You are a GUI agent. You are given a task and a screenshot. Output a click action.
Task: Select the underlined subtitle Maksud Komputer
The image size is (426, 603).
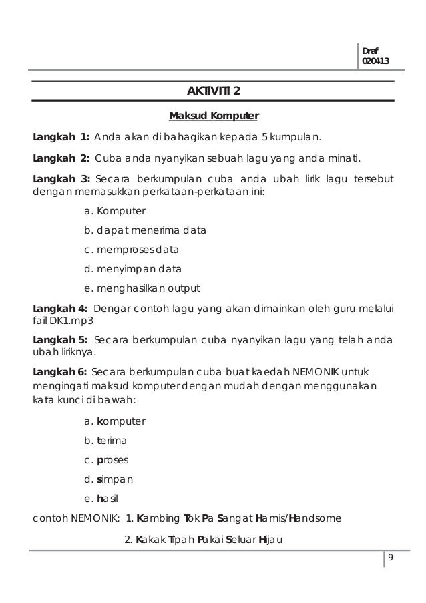point(213,116)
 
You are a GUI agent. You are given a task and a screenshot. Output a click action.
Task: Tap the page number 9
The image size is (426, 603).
point(391,559)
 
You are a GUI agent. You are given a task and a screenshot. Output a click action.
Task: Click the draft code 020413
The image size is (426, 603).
point(375,62)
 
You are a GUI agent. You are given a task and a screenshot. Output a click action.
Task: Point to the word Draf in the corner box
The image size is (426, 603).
point(369,51)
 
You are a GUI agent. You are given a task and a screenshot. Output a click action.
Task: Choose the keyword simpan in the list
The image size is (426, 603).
point(115,479)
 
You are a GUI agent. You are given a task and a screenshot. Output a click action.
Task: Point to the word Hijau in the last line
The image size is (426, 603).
point(270,540)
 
